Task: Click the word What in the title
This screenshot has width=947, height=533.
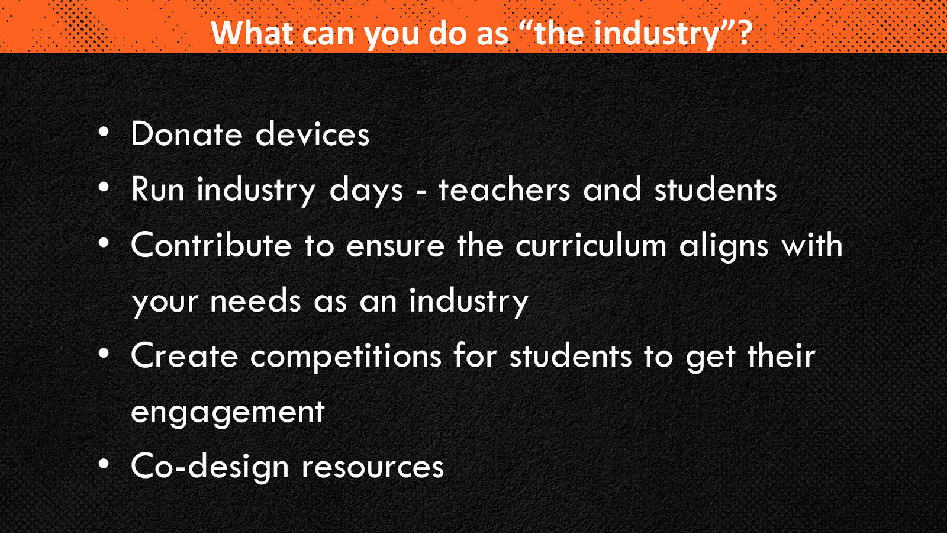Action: click(252, 33)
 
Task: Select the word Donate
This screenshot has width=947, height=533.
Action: click(186, 134)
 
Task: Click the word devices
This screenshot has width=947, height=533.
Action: click(313, 134)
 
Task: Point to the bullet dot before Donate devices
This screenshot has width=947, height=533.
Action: click(104, 132)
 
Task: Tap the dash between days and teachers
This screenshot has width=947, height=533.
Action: click(421, 193)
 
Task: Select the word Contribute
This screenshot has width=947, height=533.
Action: click(211, 245)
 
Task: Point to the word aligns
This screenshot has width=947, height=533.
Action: click(723, 246)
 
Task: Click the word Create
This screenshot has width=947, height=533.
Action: click(184, 355)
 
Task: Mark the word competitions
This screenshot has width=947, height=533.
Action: click(346, 358)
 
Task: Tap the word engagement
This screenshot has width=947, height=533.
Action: click(227, 413)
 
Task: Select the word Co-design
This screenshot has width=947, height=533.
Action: click(210, 468)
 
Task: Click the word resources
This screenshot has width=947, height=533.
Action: click(372, 468)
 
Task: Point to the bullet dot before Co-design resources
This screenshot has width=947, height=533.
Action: click(104, 464)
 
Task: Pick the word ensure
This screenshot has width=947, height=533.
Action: click(395, 246)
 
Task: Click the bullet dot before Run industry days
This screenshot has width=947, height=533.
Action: click(104, 187)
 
